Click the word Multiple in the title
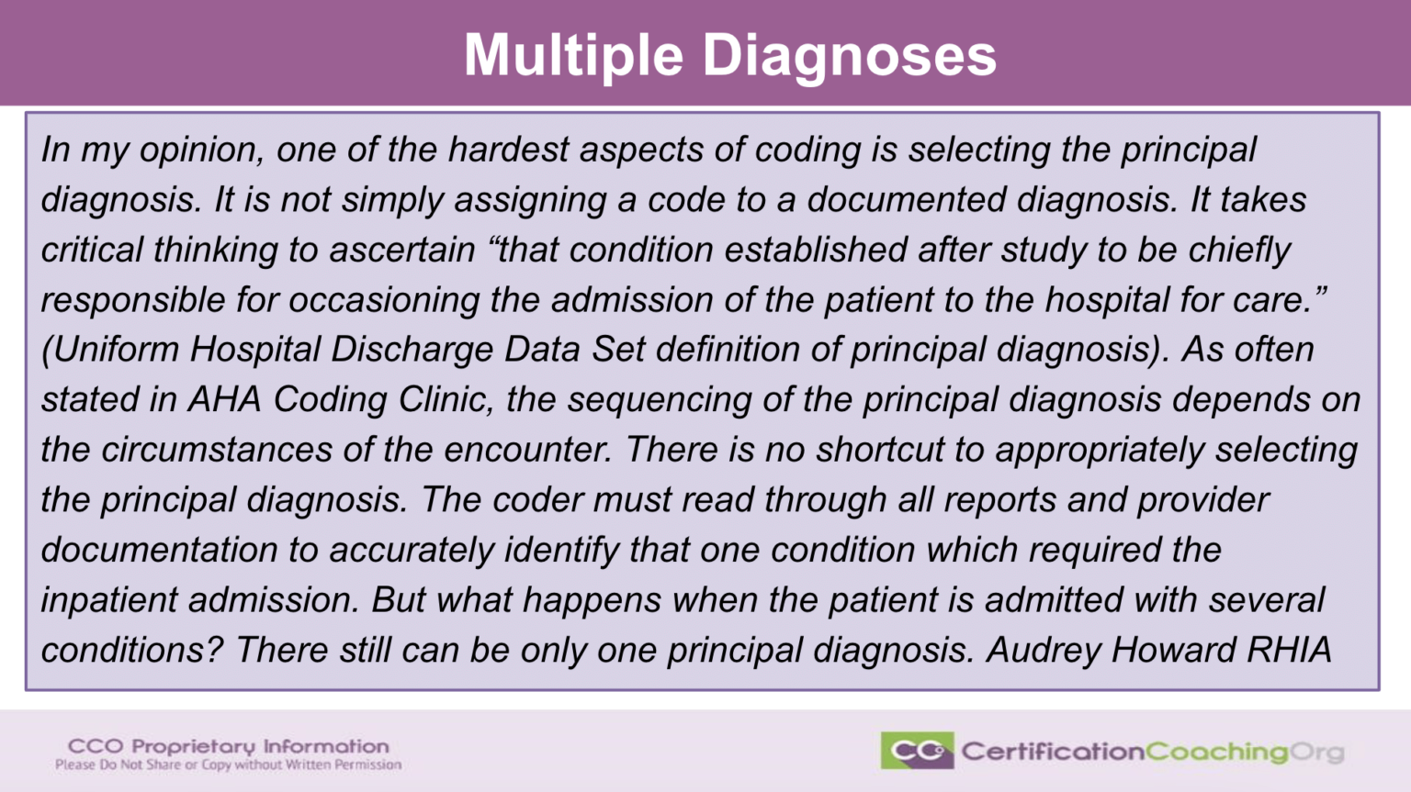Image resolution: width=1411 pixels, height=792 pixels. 573,55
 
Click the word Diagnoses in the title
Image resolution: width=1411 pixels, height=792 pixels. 850,55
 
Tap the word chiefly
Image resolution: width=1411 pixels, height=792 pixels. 1239,250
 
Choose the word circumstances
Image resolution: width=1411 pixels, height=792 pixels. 217,450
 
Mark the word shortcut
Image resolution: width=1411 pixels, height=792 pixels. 881,450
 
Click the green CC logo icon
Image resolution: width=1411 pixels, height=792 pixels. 917,751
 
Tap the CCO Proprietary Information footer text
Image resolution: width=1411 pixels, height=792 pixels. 228,746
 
